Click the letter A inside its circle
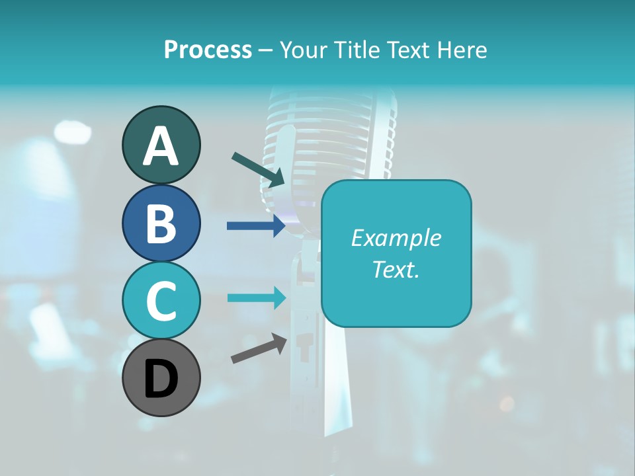tap(161, 146)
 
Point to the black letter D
tap(161, 379)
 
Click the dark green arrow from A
tap(258, 169)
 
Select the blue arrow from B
tap(256, 226)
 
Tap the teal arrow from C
tap(256, 297)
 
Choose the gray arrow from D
tap(259, 349)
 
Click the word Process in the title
tap(208, 50)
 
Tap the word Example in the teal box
tap(396, 238)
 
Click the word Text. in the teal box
tap(396, 269)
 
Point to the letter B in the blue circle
tap(161, 223)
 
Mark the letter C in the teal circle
tap(161, 301)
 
